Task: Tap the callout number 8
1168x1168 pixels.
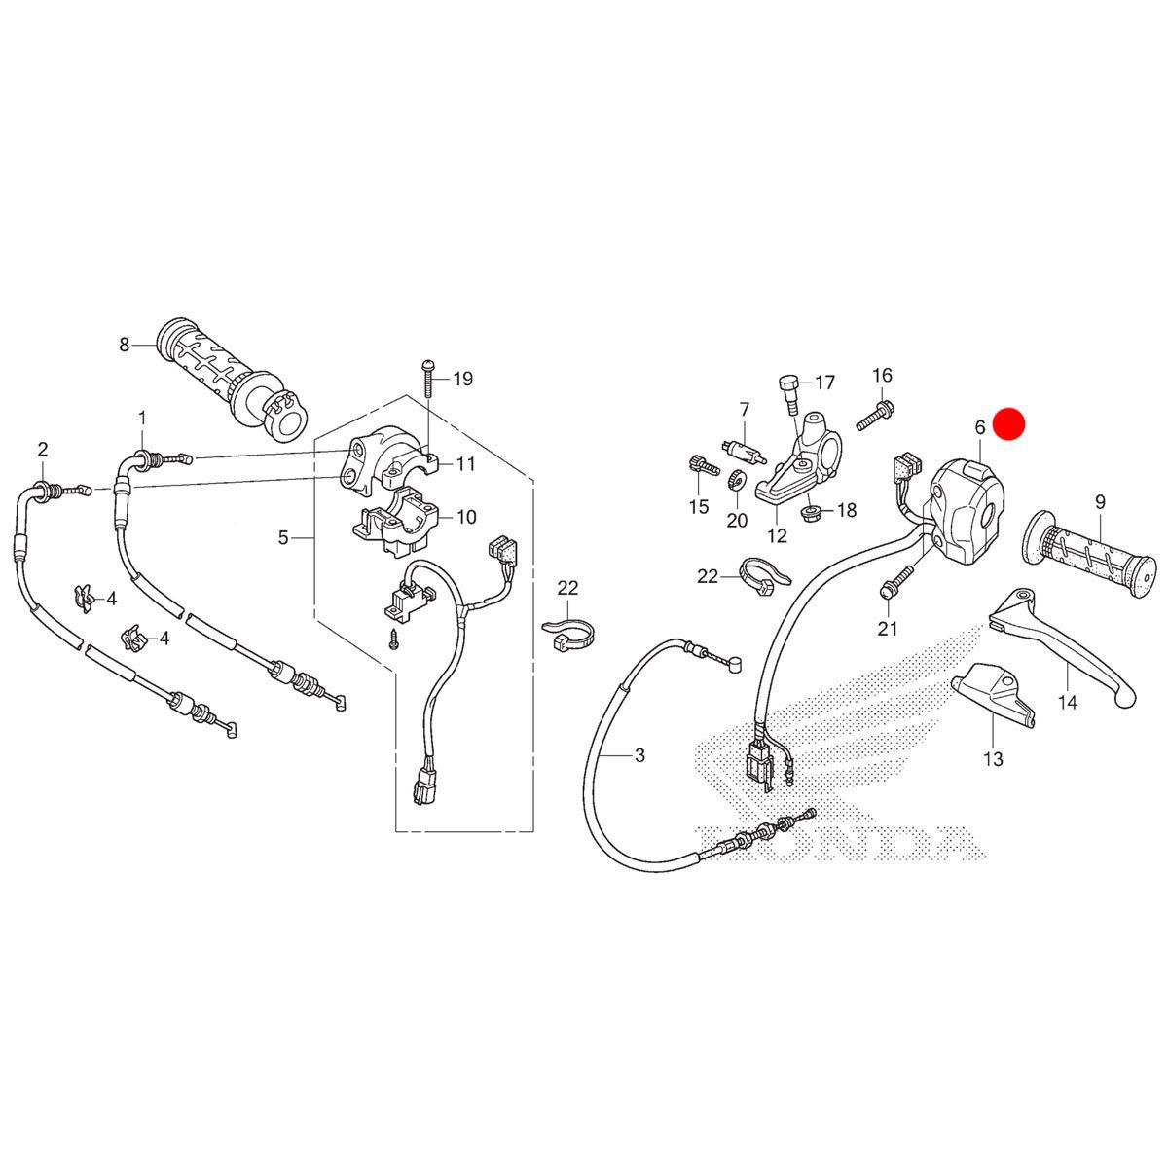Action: pos(125,344)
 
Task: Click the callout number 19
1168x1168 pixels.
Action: pos(462,379)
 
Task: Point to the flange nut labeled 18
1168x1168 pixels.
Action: pos(809,512)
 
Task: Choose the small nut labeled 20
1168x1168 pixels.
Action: pos(737,481)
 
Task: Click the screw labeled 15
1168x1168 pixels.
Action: pos(699,468)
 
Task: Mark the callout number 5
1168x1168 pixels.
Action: pos(283,536)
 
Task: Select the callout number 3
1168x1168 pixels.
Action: pos(639,755)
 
